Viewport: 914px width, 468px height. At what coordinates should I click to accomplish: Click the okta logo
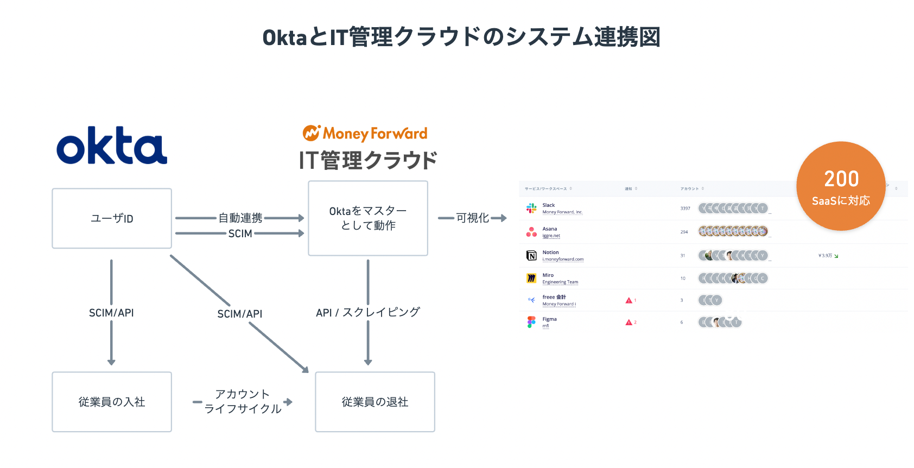pyautogui.click(x=112, y=146)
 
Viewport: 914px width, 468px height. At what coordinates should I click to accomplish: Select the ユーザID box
pyautogui.click(x=112, y=218)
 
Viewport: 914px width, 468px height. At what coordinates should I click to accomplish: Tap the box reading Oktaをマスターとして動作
pyautogui.click(x=368, y=218)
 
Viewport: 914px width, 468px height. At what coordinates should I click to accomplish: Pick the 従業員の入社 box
pyautogui.click(x=112, y=402)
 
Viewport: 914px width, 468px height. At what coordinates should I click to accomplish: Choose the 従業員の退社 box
pyautogui.click(x=375, y=402)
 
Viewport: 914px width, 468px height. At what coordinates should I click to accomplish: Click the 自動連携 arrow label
pyautogui.click(x=240, y=218)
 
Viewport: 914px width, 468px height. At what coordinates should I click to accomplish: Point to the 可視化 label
pyautogui.click(x=473, y=218)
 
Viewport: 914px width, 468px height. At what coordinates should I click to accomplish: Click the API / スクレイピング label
pyautogui.click(x=368, y=312)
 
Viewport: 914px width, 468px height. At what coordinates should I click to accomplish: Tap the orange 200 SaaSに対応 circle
pyautogui.click(x=841, y=186)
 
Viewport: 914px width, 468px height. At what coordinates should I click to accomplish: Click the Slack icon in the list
pyautogui.click(x=531, y=208)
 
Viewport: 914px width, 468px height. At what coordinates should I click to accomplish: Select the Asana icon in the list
pyautogui.click(x=531, y=232)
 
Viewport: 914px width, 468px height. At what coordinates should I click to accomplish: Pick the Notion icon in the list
pyautogui.click(x=531, y=256)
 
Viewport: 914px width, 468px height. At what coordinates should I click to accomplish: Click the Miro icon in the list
pyautogui.click(x=531, y=279)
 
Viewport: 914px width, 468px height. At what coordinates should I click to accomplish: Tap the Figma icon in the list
pyautogui.click(x=531, y=322)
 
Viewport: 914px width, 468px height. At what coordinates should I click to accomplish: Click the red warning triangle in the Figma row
pyautogui.click(x=629, y=322)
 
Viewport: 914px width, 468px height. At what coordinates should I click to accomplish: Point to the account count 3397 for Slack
pyautogui.click(x=685, y=208)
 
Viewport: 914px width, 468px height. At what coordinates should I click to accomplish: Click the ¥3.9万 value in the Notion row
pyautogui.click(x=826, y=256)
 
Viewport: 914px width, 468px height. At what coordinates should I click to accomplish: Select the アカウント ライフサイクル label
pyautogui.click(x=243, y=402)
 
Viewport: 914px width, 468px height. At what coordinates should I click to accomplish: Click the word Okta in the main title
pyautogui.click(x=284, y=37)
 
